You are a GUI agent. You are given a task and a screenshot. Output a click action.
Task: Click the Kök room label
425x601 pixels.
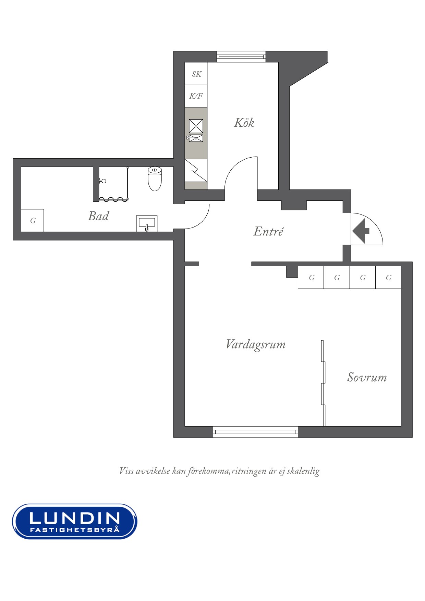pyautogui.click(x=244, y=122)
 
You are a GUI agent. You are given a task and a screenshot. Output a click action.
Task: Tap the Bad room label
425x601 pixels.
pyautogui.click(x=98, y=216)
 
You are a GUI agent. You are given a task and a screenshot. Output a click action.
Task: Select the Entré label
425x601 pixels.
pyautogui.click(x=268, y=231)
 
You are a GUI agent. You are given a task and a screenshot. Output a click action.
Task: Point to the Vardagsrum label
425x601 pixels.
pyautogui.click(x=256, y=345)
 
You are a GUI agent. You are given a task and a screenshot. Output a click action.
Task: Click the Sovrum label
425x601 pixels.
pyautogui.click(x=367, y=377)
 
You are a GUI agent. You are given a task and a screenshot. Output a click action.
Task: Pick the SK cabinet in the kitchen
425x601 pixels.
pyautogui.click(x=196, y=74)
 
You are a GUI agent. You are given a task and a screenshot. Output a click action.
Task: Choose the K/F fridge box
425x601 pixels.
pyautogui.click(x=196, y=96)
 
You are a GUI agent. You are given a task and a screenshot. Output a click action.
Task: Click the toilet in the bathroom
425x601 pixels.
pyautogui.click(x=155, y=179)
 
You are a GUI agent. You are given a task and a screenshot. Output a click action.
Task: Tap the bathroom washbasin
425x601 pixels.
pyautogui.click(x=147, y=223)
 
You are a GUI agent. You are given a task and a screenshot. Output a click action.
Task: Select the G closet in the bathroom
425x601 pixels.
pyautogui.click(x=33, y=220)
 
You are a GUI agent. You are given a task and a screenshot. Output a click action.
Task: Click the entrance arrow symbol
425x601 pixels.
pyautogui.click(x=361, y=231)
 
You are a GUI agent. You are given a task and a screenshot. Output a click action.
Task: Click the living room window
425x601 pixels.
pyautogui.click(x=255, y=432)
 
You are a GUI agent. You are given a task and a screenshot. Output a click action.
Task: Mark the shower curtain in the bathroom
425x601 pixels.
pyautogui.click(x=113, y=199)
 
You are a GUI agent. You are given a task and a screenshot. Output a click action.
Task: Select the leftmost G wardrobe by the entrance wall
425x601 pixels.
pyautogui.click(x=311, y=278)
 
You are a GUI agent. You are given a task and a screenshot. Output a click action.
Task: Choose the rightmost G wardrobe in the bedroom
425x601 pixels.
pyautogui.click(x=388, y=278)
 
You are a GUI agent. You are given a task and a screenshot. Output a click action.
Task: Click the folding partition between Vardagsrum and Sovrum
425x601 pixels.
pyautogui.click(x=323, y=383)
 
